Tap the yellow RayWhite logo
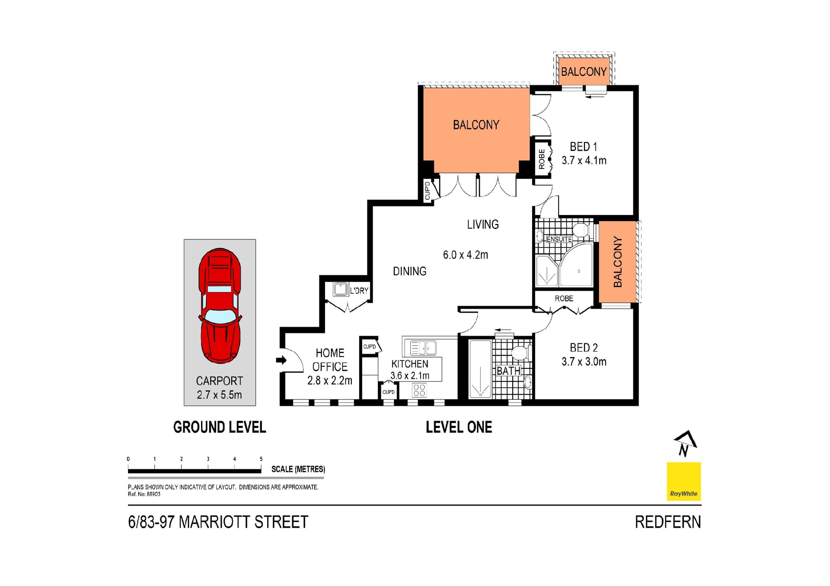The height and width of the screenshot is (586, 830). (x=683, y=481)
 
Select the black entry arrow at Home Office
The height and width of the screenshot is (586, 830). (x=281, y=360)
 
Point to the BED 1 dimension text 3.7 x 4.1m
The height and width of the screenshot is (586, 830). (x=584, y=161)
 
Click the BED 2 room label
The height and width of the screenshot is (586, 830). (x=584, y=348)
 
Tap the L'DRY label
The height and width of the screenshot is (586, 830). (x=359, y=291)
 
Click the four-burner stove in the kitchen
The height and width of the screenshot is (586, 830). (x=419, y=390)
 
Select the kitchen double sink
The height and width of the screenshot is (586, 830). (x=423, y=348)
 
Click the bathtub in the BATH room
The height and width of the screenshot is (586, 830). (x=480, y=369)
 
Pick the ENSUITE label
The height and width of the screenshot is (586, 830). (x=559, y=239)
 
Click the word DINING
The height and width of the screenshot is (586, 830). (x=409, y=271)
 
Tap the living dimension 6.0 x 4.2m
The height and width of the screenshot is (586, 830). (x=465, y=255)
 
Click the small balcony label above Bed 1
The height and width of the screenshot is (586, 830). (x=584, y=72)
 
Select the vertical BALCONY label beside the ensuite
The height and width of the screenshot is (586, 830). (x=617, y=262)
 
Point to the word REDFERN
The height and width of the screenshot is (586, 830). (x=667, y=522)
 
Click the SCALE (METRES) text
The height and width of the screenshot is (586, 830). (x=298, y=469)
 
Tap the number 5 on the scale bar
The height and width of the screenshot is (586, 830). (x=261, y=459)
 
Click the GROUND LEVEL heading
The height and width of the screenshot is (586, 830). (x=219, y=427)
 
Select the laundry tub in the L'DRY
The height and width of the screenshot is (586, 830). (x=340, y=289)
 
